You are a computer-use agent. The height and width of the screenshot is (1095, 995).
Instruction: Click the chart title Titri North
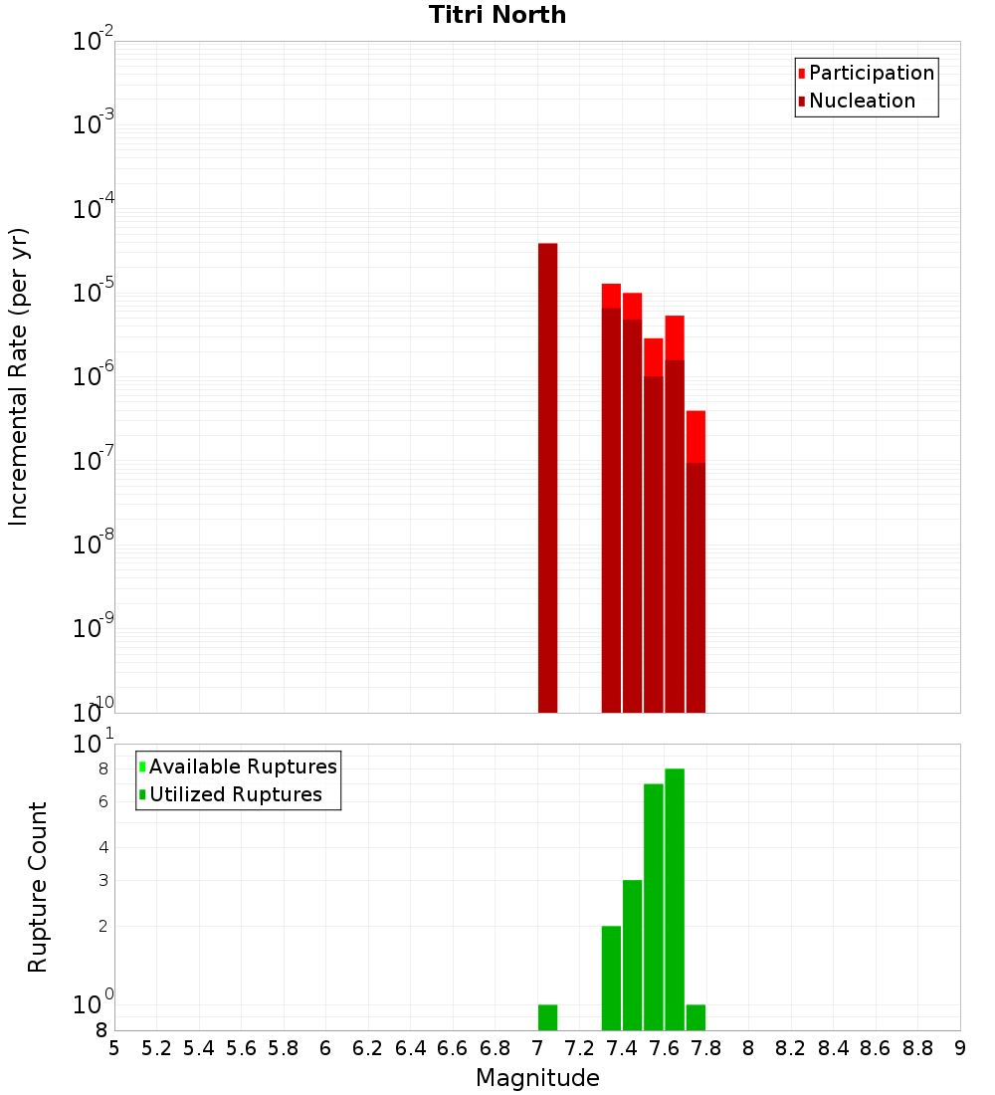497,15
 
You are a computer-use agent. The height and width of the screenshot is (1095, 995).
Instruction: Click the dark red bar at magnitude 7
547,478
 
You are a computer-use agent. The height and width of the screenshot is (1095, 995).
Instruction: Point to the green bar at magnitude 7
547,1017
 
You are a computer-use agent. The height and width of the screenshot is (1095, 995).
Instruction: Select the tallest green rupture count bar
675,896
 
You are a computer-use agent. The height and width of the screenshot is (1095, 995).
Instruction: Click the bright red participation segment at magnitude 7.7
696,436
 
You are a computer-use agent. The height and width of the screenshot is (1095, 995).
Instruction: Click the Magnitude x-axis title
537,1078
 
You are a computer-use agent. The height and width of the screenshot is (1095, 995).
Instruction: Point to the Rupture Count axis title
38,887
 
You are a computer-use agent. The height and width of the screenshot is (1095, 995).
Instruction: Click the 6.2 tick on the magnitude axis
368,1048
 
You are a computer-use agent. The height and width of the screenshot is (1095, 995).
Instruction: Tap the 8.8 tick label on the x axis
917,1048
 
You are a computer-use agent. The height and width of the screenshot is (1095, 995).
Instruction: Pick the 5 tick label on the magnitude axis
114,1048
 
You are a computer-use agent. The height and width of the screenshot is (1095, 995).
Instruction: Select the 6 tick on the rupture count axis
102,801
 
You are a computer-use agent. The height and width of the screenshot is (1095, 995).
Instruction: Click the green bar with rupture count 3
632,955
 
